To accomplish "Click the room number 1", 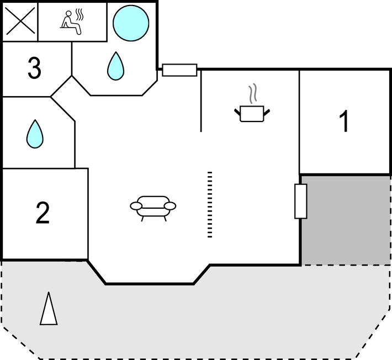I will (344, 122).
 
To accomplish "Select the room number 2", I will (43, 214).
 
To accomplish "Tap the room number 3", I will (34, 68).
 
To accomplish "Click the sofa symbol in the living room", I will (153, 207).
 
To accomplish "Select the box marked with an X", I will (20, 22).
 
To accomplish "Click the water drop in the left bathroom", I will (35, 134).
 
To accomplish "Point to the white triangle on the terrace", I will (49, 309).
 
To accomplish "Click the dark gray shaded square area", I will (346, 220).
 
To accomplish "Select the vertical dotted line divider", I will (210, 204).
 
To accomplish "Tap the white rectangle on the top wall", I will (179, 70).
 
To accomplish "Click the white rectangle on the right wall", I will (301, 201).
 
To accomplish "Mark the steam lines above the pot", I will (253, 94).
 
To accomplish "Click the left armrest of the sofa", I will (136, 207).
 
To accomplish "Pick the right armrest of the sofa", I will (170, 207).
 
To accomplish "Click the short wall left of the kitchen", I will (201, 100).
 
